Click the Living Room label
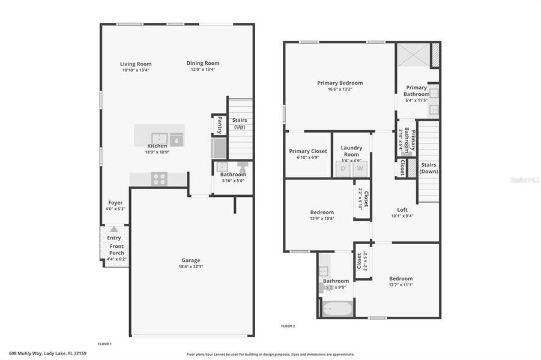(x=136, y=64)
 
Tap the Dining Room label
(x=203, y=63)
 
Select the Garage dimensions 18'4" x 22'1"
(x=191, y=267)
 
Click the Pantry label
(x=219, y=125)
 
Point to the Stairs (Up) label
(x=240, y=124)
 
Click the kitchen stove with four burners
(x=159, y=178)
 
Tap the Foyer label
(x=115, y=203)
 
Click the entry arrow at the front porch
(x=113, y=229)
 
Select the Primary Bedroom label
(x=340, y=83)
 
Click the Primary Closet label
(x=308, y=151)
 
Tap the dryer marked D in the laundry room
(x=343, y=169)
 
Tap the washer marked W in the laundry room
(x=360, y=169)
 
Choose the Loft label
(x=402, y=209)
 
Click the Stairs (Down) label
(x=429, y=167)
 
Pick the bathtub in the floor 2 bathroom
(x=335, y=310)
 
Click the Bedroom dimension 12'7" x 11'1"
(x=400, y=284)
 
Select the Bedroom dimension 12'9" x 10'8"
(x=322, y=218)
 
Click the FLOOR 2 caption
(x=288, y=326)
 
